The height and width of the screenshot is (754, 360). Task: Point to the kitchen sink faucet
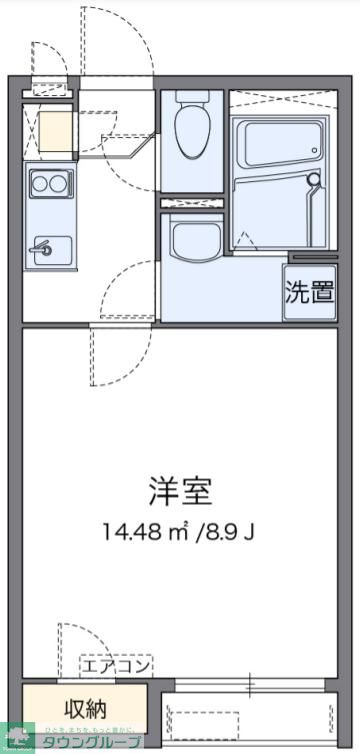click(x=43, y=249)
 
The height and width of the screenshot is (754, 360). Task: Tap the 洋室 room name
click(x=181, y=492)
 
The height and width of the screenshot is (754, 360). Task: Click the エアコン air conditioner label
click(x=115, y=667)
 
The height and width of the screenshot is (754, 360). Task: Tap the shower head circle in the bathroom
click(x=316, y=181)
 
